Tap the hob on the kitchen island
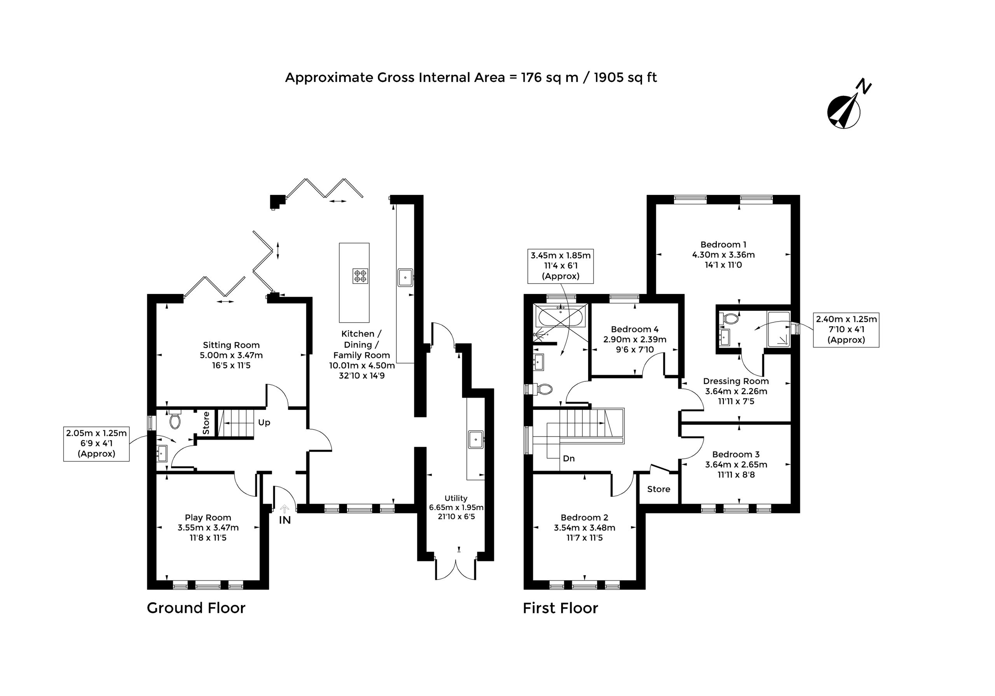[x=360, y=276]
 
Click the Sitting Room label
[x=231, y=345]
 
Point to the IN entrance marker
[x=285, y=520]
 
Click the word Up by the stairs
[x=264, y=422]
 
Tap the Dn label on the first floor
[x=569, y=458]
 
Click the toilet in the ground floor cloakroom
[x=175, y=420]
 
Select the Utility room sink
[x=476, y=440]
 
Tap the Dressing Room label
[x=735, y=381]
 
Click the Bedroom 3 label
[x=735, y=454]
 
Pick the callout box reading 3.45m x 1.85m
[x=560, y=266]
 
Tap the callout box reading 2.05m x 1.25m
[x=96, y=444]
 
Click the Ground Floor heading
[x=196, y=608]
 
